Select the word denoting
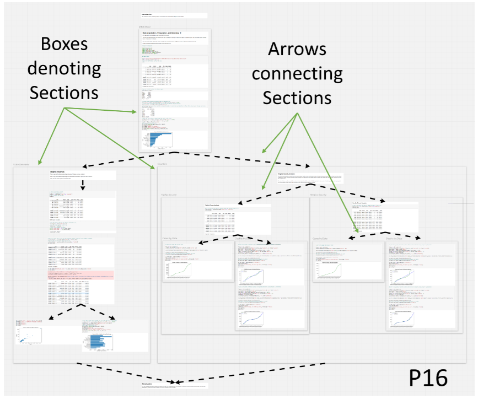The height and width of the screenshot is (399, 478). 65,69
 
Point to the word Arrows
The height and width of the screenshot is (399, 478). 297,49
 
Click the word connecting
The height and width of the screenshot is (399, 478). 297,73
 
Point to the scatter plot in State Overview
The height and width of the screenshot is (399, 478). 30,339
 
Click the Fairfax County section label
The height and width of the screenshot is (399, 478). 171,194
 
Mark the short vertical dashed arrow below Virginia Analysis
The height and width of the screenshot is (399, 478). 83,186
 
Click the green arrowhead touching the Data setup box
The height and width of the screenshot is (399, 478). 134,112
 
